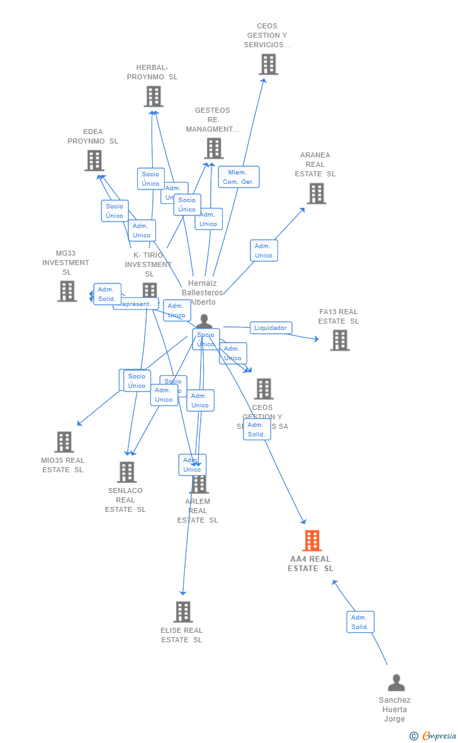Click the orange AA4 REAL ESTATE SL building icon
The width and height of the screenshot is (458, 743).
[x=312, y=541]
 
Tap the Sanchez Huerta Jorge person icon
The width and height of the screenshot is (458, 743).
[x=396, y=683]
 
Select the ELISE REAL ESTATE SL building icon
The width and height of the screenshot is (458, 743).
[x=183, y=612]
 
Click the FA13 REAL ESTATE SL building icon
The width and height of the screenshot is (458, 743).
[x=340, y=341]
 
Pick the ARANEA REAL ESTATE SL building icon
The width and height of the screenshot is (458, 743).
[x=316, y=194]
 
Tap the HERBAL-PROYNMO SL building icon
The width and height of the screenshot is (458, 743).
[x=154, y=96]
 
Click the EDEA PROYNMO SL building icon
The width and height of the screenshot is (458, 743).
[x=94, y=161]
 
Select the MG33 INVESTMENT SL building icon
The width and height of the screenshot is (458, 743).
[x=67, y=292]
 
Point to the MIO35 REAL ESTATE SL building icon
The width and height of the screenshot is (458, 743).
[x=64, y=442]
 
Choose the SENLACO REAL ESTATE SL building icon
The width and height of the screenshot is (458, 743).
[x=127, y=472]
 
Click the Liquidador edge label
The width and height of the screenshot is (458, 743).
[x=271, y=328]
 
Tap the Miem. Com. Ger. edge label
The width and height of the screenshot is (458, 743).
[x=238, y=177]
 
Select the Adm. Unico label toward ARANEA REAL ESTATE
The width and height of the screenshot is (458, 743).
[x=264, y=251]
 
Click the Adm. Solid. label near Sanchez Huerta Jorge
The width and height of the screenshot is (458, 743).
[x=360, y=622]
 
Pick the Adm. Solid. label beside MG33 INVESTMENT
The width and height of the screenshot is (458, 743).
[x=107, y=294]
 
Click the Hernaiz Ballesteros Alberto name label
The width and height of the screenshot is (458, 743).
[x=202, y=293]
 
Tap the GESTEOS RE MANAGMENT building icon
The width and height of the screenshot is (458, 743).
[x=214, y=149]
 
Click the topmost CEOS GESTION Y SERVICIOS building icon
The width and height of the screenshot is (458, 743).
[x=269, y=64]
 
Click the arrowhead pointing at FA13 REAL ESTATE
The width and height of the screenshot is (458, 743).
[x=316, y=339]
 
